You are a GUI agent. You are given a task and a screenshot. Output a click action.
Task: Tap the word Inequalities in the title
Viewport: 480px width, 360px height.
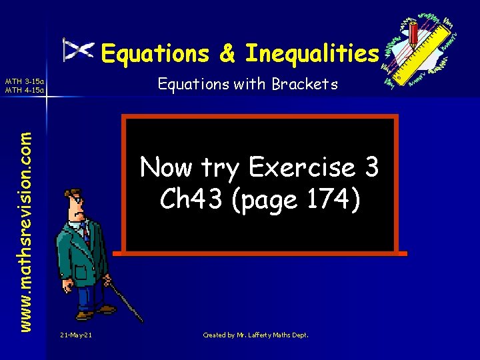[312, 53]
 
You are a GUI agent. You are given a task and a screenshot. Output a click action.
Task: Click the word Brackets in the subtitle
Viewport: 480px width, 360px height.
[309, 85]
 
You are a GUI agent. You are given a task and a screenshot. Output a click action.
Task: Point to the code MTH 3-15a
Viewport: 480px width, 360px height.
[24, 81]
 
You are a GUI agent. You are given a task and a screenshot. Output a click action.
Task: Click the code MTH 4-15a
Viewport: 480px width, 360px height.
[24, 90]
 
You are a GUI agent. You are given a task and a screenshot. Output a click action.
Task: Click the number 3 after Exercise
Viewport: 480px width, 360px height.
[371, 167]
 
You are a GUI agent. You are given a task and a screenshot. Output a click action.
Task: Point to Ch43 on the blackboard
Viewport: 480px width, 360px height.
[186, 199]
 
